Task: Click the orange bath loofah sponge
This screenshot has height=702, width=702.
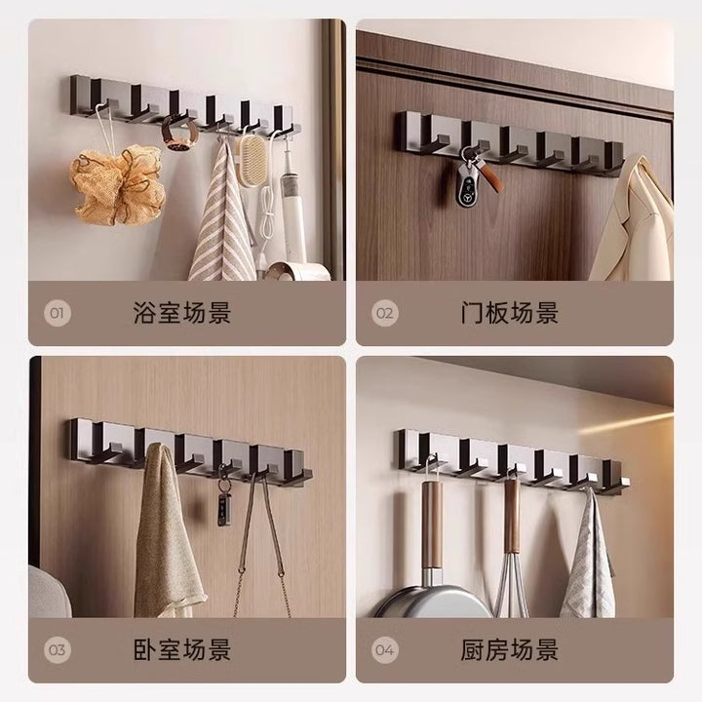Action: tap(117, 184)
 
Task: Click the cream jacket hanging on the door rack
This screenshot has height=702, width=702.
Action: tap(635, 219)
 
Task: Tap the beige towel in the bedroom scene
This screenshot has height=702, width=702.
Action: tap(167, 532)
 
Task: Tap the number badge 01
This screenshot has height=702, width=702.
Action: tap(58, 313)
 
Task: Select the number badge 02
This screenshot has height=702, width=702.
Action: tap(384, 313)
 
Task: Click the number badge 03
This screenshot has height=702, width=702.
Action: tap(58, 649)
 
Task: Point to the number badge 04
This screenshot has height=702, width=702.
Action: tap(384, 649)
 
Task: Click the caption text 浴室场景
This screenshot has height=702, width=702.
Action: tap(181, 313)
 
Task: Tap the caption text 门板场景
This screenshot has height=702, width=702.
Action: tap(510, 313)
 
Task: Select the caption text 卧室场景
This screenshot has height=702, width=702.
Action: tap(181, 649)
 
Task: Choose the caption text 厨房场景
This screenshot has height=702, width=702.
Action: tap(510, 649)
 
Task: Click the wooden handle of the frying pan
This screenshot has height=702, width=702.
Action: tap(432, 524)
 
